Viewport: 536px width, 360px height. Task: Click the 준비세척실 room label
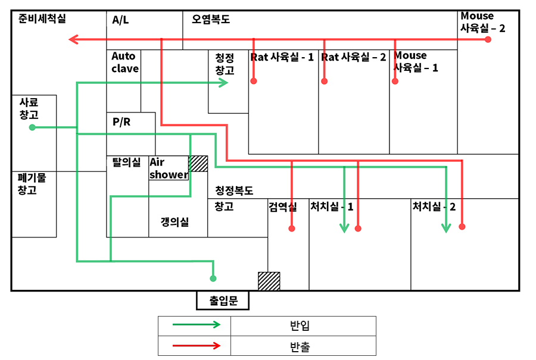(x=42, y=19)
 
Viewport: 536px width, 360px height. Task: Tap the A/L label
(x=120, y=20)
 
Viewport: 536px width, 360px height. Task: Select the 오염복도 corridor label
(x=211, y=20)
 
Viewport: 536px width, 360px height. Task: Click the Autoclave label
(x=125, y=62)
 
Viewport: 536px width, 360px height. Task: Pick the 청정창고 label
(x=225, y=64)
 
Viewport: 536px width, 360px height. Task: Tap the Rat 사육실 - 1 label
(x=282, y=57)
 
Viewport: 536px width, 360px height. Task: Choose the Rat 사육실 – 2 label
(x=354, y=57)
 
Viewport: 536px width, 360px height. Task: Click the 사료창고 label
(x=29, y=108)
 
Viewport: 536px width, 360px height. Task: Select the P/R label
(x=121, y=122)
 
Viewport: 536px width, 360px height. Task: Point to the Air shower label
(x=169, y=168)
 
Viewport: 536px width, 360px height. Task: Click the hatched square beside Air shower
(x=198, y=164)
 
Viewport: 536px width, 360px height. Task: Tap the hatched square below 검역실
(x=269, y=281)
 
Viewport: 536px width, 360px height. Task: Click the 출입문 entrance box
(x=223, y=300)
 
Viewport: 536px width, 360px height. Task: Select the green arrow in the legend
(x=196, y=325)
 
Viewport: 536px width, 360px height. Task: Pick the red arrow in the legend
(x=196, y=345)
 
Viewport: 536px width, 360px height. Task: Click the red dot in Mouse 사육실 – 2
(x=488, y=39)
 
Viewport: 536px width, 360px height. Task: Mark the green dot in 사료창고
(x=32, y=127)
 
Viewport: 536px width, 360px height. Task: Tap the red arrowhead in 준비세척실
(x=73, y=40)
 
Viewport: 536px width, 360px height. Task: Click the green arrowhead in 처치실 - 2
(x=446, y=227)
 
